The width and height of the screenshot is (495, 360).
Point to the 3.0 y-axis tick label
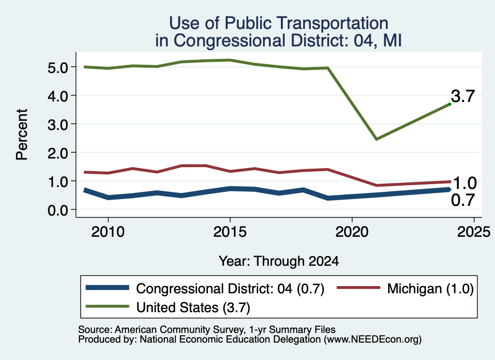(x=58, y=125)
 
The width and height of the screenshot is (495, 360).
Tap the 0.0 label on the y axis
(x=58, y=210)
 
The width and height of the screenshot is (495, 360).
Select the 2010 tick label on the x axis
(x=108, y=232)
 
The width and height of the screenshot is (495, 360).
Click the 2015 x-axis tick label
(x=230, y=232)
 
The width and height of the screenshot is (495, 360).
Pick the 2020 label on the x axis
(x=352, y=232)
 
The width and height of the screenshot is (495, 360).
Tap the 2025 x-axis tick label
(x=474, y=232)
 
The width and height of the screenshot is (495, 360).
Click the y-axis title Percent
(x=22, y=135)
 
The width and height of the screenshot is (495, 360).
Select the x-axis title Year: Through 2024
(x=279, y=261)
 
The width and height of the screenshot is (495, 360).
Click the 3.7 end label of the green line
(x=463, y=96)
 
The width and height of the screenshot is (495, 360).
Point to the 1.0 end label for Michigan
(x=465, y=183)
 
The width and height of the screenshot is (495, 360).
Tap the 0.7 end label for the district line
(x=463, y=200)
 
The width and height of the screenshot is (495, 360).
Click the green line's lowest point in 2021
(x=376, y=139)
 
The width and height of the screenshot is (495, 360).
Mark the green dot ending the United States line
(x=450, y=104)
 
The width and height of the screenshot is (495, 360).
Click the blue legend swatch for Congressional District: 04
(x=107, y=288)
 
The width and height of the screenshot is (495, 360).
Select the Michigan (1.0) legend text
(x=431, y=288)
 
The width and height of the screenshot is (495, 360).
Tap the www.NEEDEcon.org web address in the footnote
(x=372, y=340)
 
